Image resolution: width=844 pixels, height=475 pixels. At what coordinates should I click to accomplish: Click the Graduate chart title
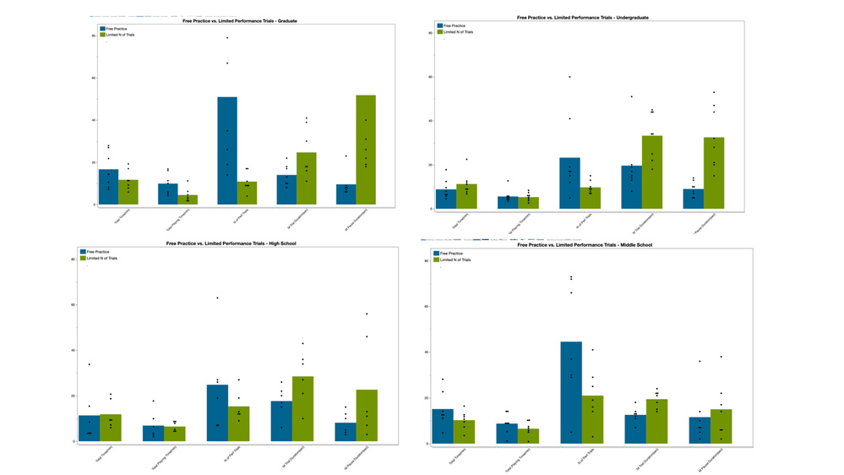pos(240,20)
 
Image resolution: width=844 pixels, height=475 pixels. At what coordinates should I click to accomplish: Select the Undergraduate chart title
pos(583,18)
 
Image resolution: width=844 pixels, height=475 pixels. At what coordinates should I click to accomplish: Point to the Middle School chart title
pos(585,245)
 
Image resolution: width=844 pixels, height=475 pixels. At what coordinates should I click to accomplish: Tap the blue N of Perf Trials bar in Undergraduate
pos(569,183)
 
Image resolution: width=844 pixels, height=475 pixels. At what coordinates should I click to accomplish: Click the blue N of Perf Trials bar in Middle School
pos(571,393)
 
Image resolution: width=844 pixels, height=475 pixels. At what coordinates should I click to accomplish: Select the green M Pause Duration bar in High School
pos(367,415)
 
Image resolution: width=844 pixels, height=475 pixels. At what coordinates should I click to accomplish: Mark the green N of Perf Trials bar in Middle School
pos(592,419)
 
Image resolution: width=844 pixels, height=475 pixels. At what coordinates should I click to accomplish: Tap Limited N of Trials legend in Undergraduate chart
pos(458,32)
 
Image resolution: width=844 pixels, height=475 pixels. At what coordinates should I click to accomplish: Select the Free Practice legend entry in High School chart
pos(96,252)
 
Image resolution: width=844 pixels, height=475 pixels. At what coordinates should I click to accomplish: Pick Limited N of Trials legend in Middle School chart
pos(456,259)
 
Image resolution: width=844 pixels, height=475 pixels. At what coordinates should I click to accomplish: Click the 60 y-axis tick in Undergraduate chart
pos(430,77)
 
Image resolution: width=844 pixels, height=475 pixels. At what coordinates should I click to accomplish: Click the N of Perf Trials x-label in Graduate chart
pos(226,216)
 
